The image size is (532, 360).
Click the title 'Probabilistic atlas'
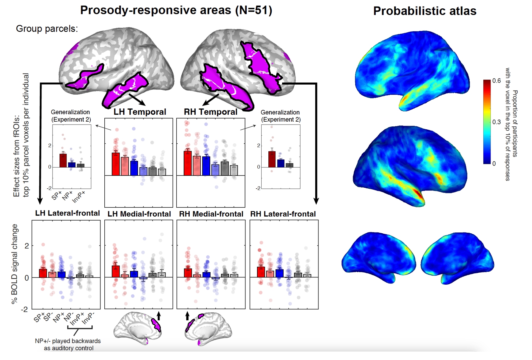[x=425, y=11]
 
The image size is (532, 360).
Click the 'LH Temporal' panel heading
[x=140, y=112]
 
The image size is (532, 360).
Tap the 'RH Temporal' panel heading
[x=211, y=112]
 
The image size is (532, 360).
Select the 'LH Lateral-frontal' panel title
[x=67, y=213]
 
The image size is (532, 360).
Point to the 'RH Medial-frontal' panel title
[x=211, y=214]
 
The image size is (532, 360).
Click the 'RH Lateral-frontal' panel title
[x=283, y=214]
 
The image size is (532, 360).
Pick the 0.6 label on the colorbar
[x=497, y=81]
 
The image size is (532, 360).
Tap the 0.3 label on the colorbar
[x=497, y=122]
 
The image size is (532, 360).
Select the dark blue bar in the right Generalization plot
[x=281, y=163]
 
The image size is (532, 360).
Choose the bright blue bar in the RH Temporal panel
[x=206, y=166]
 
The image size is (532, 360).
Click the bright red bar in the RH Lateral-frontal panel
[x=261, y=272]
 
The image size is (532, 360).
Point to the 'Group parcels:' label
[x=47, y=29]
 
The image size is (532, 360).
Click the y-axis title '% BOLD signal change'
[x=14, y=264]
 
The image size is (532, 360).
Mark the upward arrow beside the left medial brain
[x=159, y=316]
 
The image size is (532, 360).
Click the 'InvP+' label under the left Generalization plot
[x=79, y=197]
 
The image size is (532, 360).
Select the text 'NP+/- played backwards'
[x=68, y=341]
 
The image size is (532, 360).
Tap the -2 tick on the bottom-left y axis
[x=24, y=309]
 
